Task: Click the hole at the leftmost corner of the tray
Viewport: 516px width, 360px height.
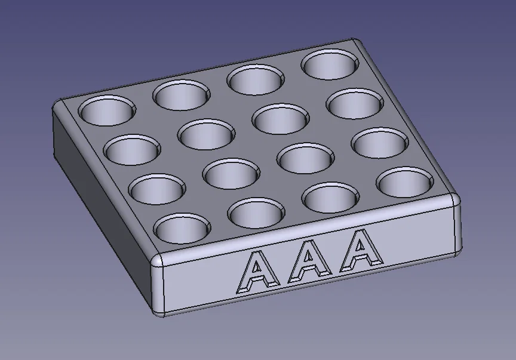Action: click(x=107, y=110)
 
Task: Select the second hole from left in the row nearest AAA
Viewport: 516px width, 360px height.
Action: click(x=257, y=213)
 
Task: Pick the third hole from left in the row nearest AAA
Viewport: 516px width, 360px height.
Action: click(x=331, y=197)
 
